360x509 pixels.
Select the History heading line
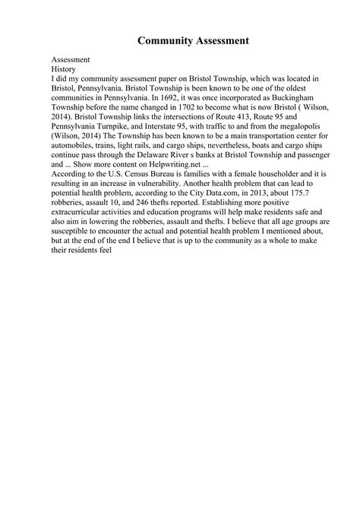64,68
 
